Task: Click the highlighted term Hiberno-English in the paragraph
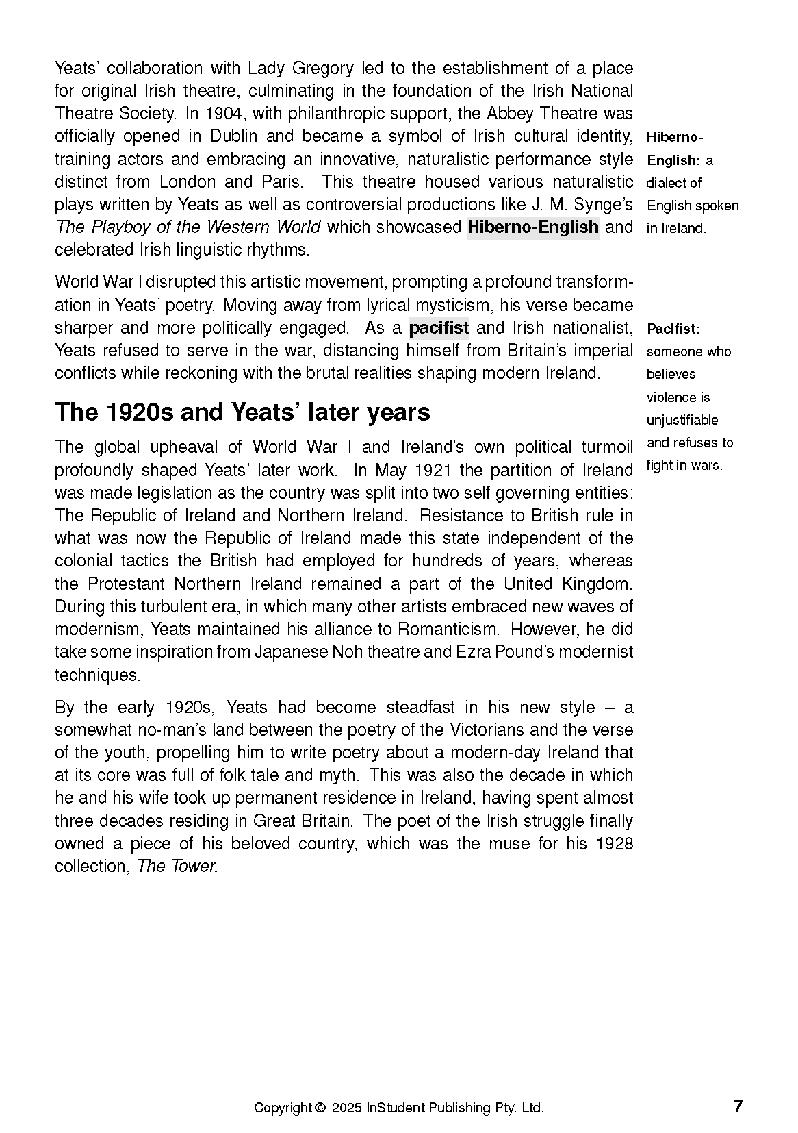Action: click(x=532, y=227)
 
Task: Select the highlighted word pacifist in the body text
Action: click(x=439, y=327)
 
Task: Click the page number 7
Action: click(x=738, y=1106)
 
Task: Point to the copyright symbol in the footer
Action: click(x=320, y=1108)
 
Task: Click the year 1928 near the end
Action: click(x=614, y=843)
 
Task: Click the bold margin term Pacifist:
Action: click(x=673, y=329)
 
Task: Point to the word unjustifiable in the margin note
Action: click(x=682, y=420)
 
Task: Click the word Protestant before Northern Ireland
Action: click(x=127, y=584)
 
